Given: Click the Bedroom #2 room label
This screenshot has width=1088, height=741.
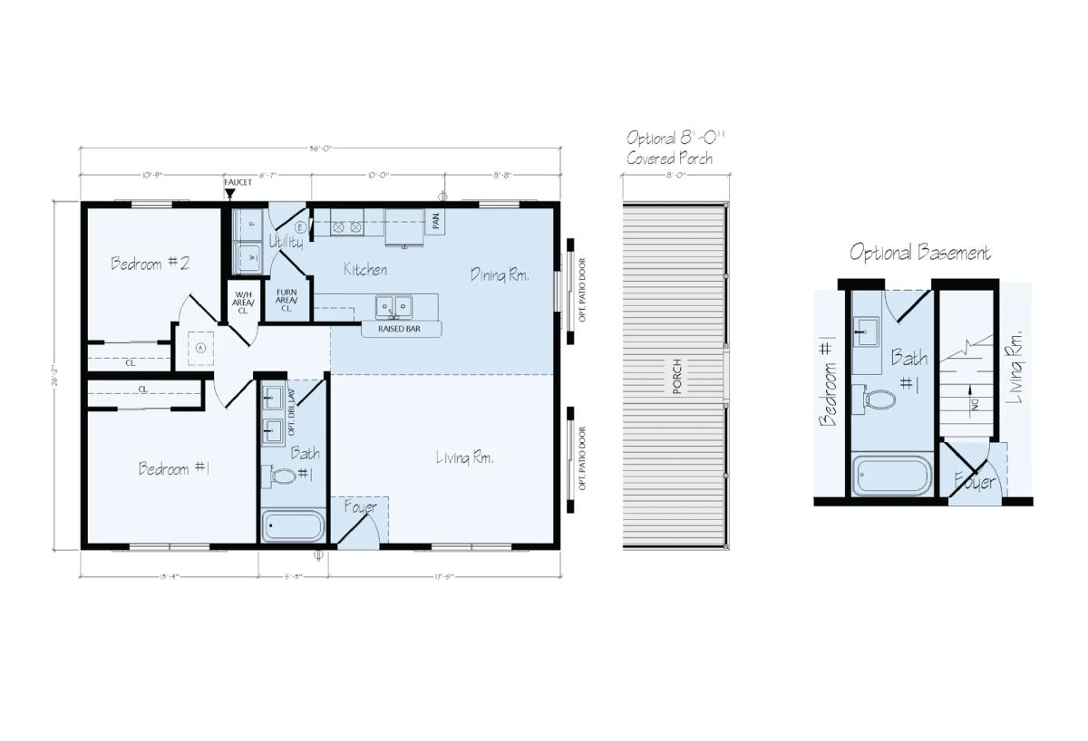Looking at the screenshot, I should (x=150, y=264).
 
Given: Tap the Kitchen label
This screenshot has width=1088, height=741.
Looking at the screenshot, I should (x=365, y=270).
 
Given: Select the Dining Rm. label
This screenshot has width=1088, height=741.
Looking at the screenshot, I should (x=499, y=274).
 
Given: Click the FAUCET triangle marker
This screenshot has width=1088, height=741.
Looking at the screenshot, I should (x=229, y=193).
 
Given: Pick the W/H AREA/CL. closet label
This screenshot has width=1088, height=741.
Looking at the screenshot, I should (x=243, y=302).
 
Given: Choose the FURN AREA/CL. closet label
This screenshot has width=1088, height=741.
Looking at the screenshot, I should (x=287, y=301).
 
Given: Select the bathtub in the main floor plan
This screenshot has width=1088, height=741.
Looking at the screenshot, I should (x=293, y=526).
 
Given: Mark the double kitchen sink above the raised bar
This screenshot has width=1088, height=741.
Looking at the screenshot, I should (x=394, y=305).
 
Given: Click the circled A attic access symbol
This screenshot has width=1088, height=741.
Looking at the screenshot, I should (x=201, y=347).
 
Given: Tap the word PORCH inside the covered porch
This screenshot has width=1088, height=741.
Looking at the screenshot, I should (x=676, y=376).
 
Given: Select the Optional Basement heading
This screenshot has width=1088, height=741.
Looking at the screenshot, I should (x=919, y=253).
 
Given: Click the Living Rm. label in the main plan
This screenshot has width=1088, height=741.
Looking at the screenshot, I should (x=464, y=458).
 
